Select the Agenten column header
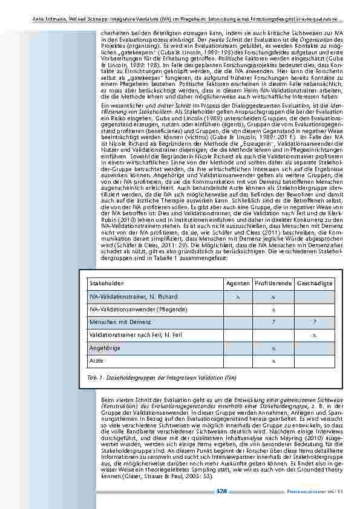coord(238,283)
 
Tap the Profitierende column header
coord(273,283)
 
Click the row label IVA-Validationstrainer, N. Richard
coord(133,296)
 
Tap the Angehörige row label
coord(102,348)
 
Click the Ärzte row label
coord(96,360)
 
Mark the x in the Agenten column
coord(238,296)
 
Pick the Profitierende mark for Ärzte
coord(273,360)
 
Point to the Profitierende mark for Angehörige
coord(273,348)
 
